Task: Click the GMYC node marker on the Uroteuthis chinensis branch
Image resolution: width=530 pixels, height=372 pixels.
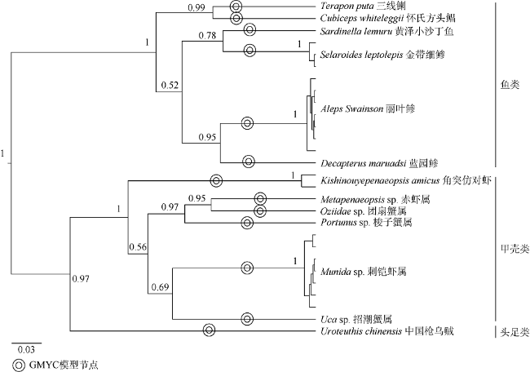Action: [x=210, y=330]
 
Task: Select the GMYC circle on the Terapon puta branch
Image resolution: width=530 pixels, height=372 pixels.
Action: [x=236, y=6]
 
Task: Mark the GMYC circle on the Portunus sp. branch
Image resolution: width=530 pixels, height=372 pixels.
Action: [x=247, y=223]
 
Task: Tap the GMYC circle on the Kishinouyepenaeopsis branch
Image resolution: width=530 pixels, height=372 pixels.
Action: [x=216, y=180]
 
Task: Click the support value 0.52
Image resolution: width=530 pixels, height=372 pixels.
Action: [x=170, y=85]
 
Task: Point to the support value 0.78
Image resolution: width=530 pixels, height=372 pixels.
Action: [x=207, y=35]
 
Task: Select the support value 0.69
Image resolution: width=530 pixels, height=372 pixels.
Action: [x=160, y=287]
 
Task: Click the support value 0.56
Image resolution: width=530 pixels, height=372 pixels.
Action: [x=138, y=247]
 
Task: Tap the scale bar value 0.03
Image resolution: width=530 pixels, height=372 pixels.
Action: [x=26, y=349]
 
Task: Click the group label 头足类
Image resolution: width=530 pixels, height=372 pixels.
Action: [x=515, y=333]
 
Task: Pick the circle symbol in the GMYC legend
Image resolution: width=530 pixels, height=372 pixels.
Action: [x=19, y=365]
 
